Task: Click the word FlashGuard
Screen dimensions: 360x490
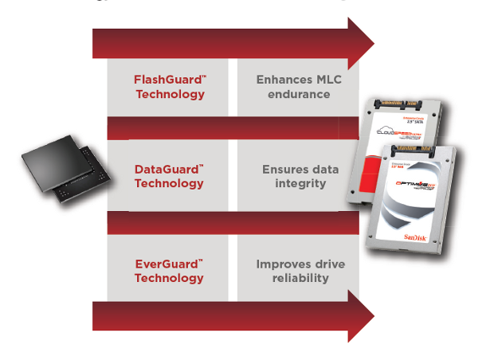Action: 166,80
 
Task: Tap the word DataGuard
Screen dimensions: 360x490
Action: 165,170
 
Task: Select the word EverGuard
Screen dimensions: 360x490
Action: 165,264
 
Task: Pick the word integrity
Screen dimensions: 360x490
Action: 294,184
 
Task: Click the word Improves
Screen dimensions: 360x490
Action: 281,264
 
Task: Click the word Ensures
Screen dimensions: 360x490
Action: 280,170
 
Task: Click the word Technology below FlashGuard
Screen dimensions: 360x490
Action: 169,94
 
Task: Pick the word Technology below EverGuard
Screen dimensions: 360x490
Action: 169,278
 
